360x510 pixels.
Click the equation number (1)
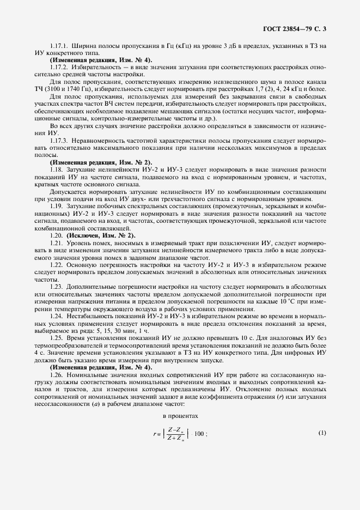[x=321, y=433]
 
